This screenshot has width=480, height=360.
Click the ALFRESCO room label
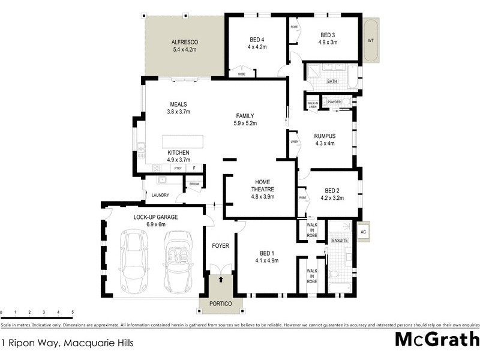coord(185,41)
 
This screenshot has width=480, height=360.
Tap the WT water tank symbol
coord(371,40)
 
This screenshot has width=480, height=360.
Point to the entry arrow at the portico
coord(221,279)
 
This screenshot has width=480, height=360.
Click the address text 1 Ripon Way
coord(67,344)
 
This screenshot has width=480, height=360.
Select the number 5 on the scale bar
coord(73,313)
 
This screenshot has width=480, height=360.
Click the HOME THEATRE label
coord(262,185)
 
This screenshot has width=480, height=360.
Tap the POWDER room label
coord(334,102)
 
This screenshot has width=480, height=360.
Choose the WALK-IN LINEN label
coord(313,105)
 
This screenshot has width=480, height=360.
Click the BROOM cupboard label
coord(194,184)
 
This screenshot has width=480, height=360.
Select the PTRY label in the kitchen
coord(178,169)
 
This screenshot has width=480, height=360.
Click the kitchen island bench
coord(182,142)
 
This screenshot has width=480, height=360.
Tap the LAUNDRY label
coord(160,195)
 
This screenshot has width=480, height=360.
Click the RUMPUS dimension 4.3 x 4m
coord(324,143)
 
